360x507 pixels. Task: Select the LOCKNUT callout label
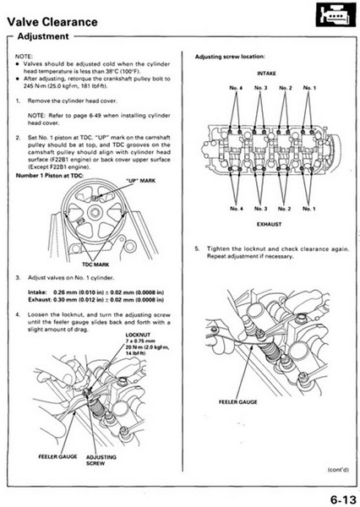coord(137,335)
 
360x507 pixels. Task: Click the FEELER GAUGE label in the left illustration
coord(57,456)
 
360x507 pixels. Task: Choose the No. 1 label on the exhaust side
coord(309,208)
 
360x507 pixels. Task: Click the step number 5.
coord(197,247)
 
